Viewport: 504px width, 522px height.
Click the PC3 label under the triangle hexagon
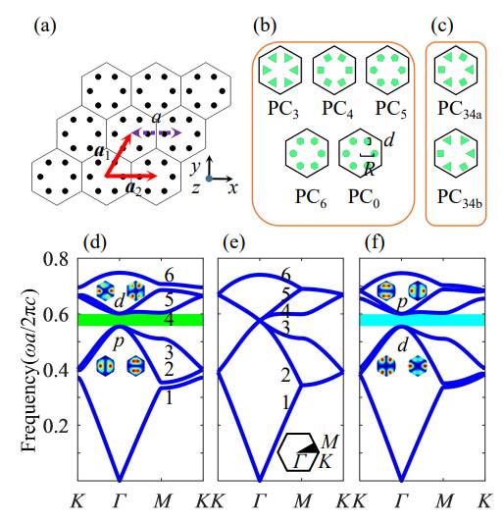tap(283, 109)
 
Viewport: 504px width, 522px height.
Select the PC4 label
tap(337, 109)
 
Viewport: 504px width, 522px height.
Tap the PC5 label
tap(391, 109)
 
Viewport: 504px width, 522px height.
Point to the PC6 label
tap(311, 197)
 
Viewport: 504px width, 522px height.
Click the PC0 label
tap(364, 197)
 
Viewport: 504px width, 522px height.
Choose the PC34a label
tap(460, 110)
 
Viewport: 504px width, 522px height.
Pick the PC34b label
tap(460, 198)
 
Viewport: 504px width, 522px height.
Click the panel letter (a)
tap(45, 26)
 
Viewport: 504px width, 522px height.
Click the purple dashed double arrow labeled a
tap(157, 133)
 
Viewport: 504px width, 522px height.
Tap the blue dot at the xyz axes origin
tap(209, 179)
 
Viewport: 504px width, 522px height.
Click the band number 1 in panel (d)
tap(170, 397)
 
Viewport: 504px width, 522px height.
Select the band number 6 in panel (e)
tap(285, 276)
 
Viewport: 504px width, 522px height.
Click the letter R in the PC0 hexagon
tap(370, 169)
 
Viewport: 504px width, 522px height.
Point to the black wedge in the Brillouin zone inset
tap(309, 448)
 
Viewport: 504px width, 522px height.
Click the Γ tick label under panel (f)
tap(402, 500)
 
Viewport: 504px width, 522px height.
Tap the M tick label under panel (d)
tap(162, 500)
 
